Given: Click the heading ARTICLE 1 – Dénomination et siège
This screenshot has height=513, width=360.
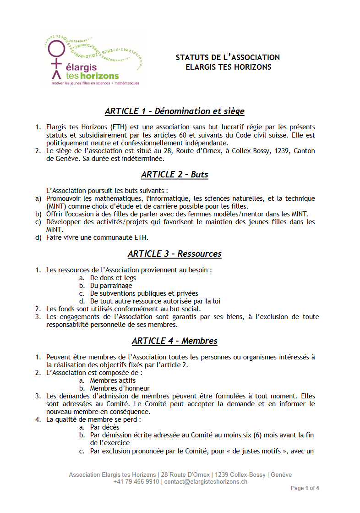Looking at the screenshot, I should (175, 111).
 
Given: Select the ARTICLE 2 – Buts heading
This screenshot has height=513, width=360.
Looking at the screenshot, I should (175, 175).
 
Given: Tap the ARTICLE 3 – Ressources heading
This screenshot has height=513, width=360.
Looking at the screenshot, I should (175, 254).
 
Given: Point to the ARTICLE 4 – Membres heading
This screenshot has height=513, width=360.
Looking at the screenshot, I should (175, 341).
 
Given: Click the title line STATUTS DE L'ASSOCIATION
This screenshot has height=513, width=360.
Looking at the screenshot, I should (228, 58).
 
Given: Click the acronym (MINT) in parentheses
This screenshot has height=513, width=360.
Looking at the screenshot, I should (55, 206).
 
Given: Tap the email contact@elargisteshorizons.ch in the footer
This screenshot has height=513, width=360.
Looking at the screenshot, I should (206, 482).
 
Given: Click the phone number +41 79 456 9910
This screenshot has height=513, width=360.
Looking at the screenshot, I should (136, 482).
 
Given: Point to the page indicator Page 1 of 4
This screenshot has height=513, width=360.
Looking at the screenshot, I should (305, 489).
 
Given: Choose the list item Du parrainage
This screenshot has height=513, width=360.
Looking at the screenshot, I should (111, 286).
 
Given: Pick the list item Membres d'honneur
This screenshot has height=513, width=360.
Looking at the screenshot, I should (120, 388).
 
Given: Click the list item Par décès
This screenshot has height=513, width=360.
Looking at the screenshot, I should (104, 427).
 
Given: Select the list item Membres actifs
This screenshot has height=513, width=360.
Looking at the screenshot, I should (113, 381).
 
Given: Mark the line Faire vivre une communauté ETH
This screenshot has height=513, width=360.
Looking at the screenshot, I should (98, 238).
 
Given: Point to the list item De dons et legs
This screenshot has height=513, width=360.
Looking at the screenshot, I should (113, 278).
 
